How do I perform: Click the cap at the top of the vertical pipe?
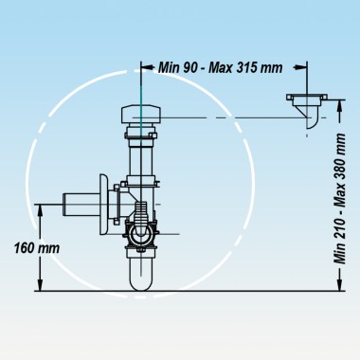point(144,117)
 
